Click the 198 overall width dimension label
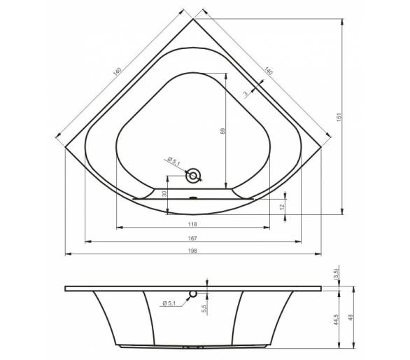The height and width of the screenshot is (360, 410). click(x=192, y=251)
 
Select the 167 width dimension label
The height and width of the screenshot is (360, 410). click(x=192, y=238)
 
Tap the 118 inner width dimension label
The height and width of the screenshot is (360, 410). click(x=192, y=224)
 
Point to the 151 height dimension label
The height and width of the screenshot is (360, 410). click(x=339, y=117)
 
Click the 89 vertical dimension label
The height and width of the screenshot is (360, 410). click(x=222, y=131)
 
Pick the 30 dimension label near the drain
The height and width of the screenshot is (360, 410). click(x=164, y=194)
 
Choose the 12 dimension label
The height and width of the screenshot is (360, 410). click(x=282, y=207)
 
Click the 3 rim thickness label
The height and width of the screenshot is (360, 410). click(x=246, y=93)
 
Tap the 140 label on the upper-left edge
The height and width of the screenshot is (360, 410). click(x=118, y=71)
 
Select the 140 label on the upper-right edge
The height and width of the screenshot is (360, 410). click(x=268, y=71)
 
